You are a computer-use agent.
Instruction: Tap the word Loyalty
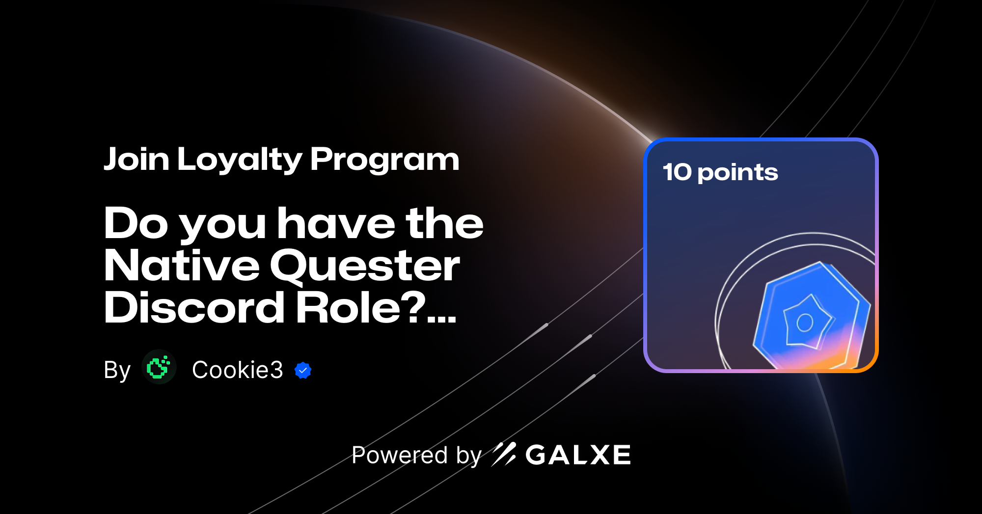[x=240, y=160]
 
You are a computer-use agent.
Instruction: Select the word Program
[x=384, y=160]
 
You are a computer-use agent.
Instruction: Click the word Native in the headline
[x=182, y=266]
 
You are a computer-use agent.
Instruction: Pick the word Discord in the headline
[x=194, y=308]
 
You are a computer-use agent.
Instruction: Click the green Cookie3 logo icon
[x=159, y=367]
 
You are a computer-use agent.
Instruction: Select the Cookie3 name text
[x=237, y=370]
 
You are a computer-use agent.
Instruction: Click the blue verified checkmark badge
[x=303, y=370]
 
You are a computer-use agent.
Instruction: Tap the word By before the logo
[x=117, y=370]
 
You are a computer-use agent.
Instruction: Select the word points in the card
[x=737, y=173]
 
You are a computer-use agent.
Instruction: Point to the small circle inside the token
[x=805, y=323]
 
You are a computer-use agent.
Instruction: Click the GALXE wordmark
[x=578, y=455]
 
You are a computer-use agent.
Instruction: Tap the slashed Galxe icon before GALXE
[x=504, y=454]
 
